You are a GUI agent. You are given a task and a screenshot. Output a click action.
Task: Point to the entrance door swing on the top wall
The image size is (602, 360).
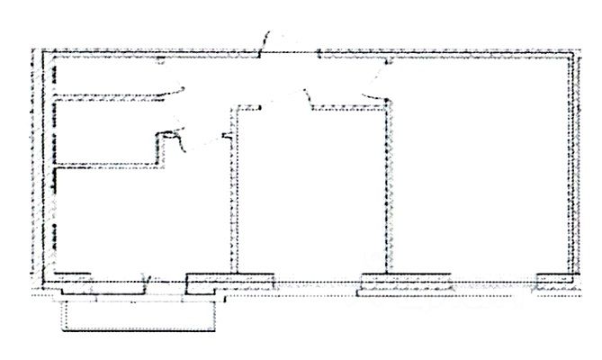coord(270,40)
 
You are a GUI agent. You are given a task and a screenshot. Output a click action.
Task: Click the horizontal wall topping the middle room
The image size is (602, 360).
coord(346,111)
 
